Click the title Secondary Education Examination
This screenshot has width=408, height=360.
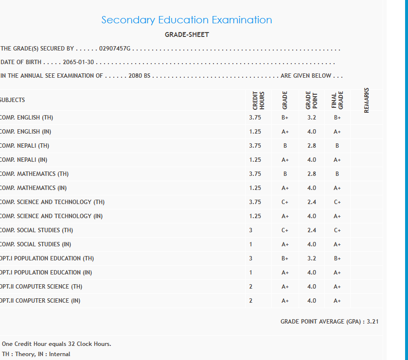coord(186,20)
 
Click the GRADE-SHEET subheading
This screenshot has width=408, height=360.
coord(187,34)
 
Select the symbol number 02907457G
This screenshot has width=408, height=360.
coord(115,49)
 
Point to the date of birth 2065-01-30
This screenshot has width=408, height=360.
coord(78,62)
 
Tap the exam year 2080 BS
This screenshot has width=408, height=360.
coord(140,76)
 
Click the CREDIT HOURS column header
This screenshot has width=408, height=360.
coord(259,100)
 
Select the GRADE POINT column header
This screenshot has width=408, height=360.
coord(311,100)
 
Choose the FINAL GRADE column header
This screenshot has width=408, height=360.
coord(337,100)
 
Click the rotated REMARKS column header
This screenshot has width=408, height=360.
coord(367,100)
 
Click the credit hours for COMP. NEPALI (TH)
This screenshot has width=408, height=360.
coord(255,146)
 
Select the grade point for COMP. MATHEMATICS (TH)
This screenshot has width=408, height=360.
coord(312,174)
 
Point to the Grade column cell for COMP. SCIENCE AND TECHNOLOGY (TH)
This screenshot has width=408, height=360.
coord(285,202)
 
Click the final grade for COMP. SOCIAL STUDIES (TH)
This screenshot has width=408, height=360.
coord(337,230)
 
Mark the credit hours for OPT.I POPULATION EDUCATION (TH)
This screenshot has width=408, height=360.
coord(251,258)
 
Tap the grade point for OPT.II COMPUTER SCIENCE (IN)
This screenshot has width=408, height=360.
coord(312,301)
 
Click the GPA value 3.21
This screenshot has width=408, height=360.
coord(373,322)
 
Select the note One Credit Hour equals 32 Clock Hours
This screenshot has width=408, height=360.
coord(56,344)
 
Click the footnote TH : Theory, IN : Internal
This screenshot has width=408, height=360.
coord(36,354)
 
